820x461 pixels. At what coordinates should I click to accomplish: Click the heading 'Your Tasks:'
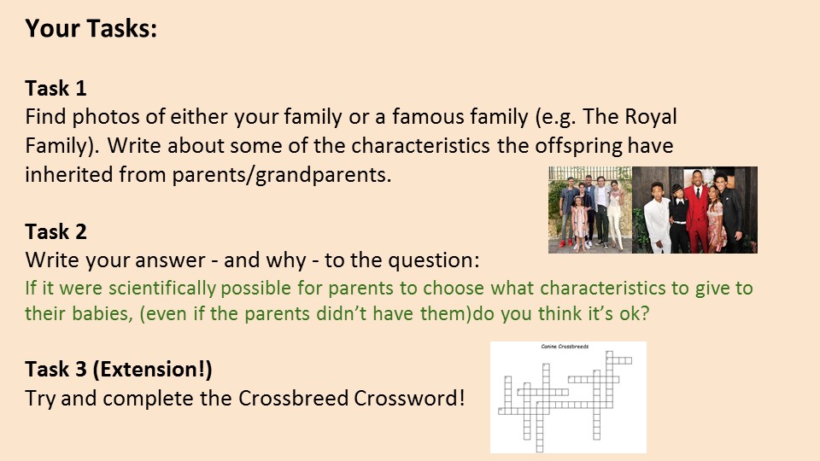pos(91,28)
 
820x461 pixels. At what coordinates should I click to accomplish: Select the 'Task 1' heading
pos(56,88)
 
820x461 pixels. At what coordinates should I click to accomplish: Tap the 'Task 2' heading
pos(56,231)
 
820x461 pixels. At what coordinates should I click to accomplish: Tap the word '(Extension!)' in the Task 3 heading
pos(153,370)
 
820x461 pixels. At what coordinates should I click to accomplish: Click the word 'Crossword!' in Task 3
pos(409,399)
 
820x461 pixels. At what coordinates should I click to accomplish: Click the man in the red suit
pos(697,211)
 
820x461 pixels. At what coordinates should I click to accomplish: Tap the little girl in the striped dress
pos(579,223)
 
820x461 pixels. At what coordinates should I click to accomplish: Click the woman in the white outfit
pos(615,214)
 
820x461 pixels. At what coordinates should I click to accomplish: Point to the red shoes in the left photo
pos(566,243)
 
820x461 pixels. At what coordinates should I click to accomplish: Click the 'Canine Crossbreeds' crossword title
pos(565,347)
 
